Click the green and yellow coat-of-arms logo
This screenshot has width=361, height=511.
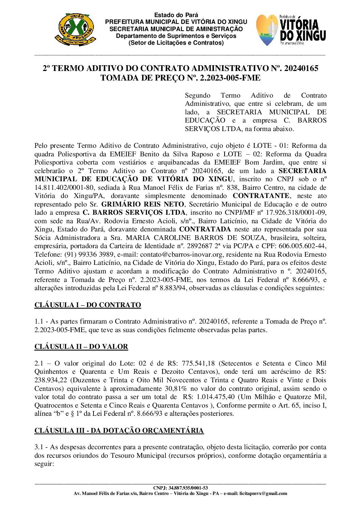75,29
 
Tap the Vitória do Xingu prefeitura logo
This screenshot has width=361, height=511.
291,30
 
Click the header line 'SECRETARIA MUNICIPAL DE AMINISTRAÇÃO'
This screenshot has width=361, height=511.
176,29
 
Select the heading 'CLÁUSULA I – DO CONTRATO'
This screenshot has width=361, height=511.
88,305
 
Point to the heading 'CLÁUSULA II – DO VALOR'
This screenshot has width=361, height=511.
81,346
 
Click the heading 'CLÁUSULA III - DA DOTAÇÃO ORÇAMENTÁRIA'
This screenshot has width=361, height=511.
119,430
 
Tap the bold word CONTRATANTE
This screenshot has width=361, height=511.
261,196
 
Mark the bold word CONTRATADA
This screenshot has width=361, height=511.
205,229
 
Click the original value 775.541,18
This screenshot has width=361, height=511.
198,363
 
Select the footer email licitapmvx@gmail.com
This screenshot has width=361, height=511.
263,493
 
